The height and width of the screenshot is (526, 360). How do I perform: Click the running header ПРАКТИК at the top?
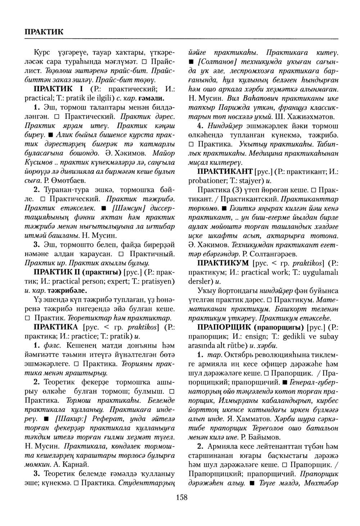coord(44,31)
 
